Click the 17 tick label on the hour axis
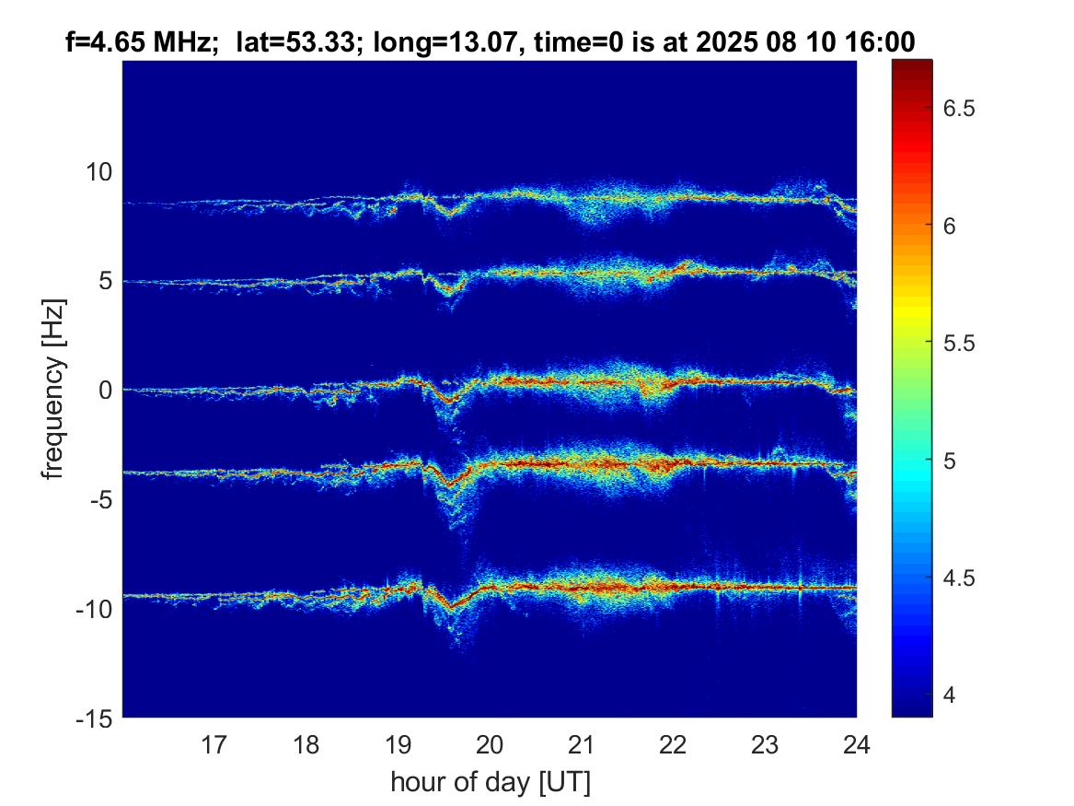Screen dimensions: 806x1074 [x=214, y=743]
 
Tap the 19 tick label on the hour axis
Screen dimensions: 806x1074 [x=398, y=743]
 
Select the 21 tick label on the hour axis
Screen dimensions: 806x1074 [x=581, y=743]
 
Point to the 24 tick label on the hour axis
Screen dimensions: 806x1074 [x=856, y=743]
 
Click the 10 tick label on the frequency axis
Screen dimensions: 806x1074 [x=98, y=171]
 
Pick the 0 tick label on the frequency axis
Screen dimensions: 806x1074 [x=105, y=390]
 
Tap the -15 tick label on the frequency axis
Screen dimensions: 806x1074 [x=95, y=717]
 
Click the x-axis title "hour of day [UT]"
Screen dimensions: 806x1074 [x=490, y=783]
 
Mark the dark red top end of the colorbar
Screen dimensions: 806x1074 [x=911, y=64]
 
